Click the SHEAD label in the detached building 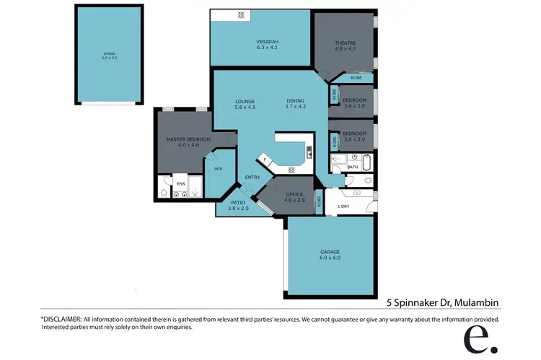(109, 54)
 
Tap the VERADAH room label (267, 42)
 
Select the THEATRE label (344, 43)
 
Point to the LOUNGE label (245, 100)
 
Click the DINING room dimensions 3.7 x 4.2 (296, 107)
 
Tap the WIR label (218, 170)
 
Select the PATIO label (238, 203)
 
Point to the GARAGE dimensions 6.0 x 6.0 (330, 258)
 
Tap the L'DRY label (343, 207)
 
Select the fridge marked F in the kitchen (265, 158)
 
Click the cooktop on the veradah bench (242, 14)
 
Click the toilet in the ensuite (165, 193)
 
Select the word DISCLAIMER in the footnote (63, 318)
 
